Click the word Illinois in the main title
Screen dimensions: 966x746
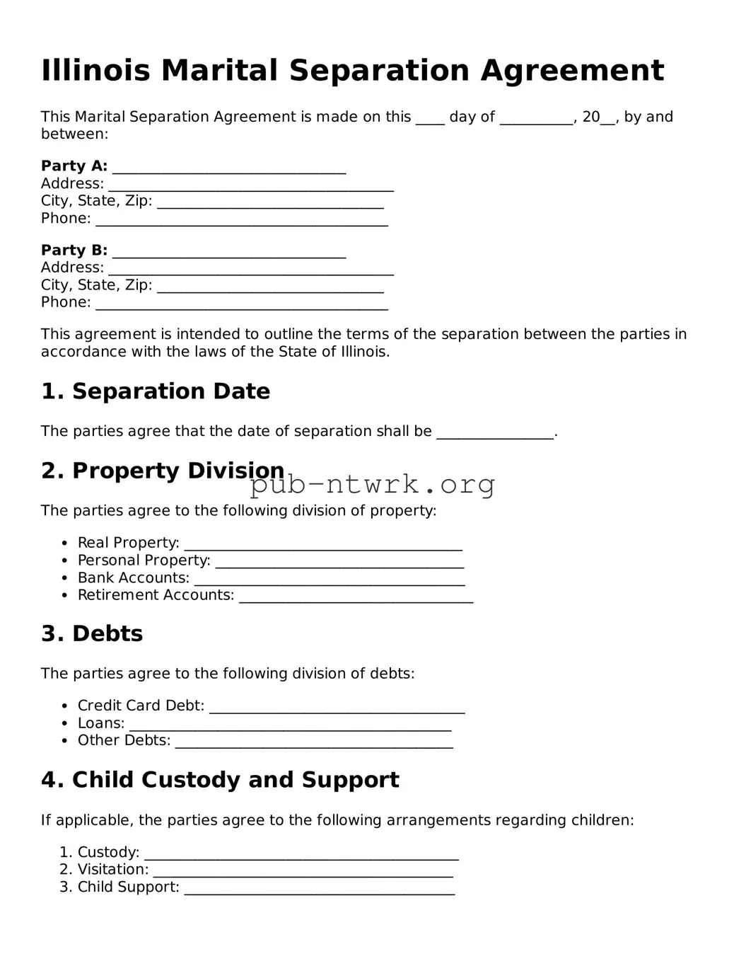pos(95,71)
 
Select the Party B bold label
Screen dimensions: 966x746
pos(74,251)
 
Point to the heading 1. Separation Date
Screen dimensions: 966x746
pos(156,391)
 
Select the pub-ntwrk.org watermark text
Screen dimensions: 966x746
pos(373,485)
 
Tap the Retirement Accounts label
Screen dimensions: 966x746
pos(156,595)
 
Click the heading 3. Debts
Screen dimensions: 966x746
pos(92,633)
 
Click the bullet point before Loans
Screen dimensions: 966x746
pos(64,723)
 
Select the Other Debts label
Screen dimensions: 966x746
pos(124,740)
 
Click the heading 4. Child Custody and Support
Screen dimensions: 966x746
pos(220,780)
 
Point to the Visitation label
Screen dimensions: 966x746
pos(113,870)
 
